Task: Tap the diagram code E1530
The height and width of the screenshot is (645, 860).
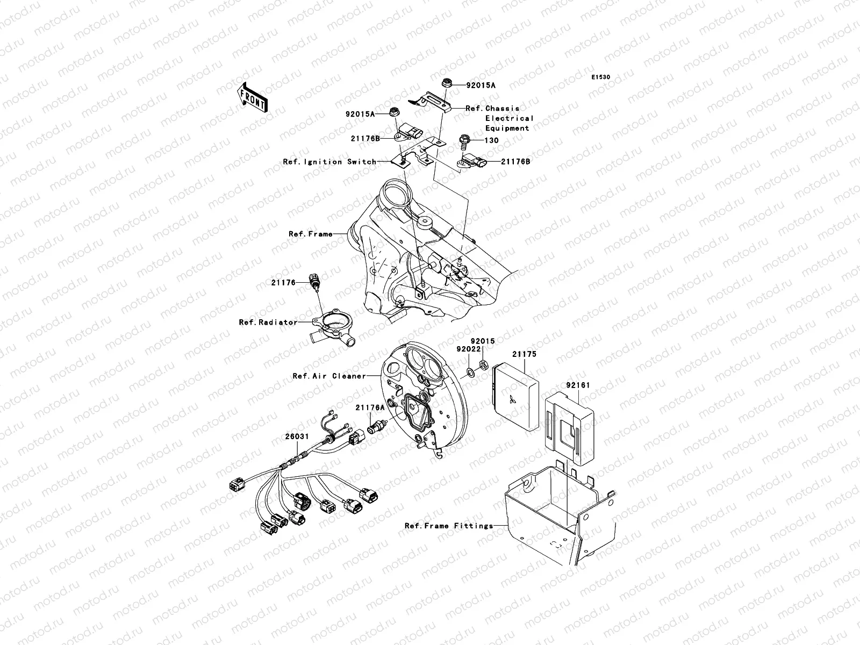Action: [x=601, y=77]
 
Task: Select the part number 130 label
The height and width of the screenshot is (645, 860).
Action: [x=491, y=140]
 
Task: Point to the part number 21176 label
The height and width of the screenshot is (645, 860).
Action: [x=283, y=282]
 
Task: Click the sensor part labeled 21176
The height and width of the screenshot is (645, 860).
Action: [x=314, y=281]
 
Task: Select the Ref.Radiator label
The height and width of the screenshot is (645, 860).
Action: [x=268, y=322]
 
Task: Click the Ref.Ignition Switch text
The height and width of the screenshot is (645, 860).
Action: [x=329, y=161]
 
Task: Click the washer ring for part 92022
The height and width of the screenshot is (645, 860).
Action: [x=470, y=371]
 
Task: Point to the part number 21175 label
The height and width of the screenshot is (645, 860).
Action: [x=524, y=354]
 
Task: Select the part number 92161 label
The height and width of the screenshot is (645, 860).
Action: [x=577, y=385]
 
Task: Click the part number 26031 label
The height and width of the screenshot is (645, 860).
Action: [x=296, y=437]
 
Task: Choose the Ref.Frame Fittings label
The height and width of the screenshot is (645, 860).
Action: [x=449, y=526]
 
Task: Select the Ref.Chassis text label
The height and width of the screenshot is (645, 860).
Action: [x=492, y=108]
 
